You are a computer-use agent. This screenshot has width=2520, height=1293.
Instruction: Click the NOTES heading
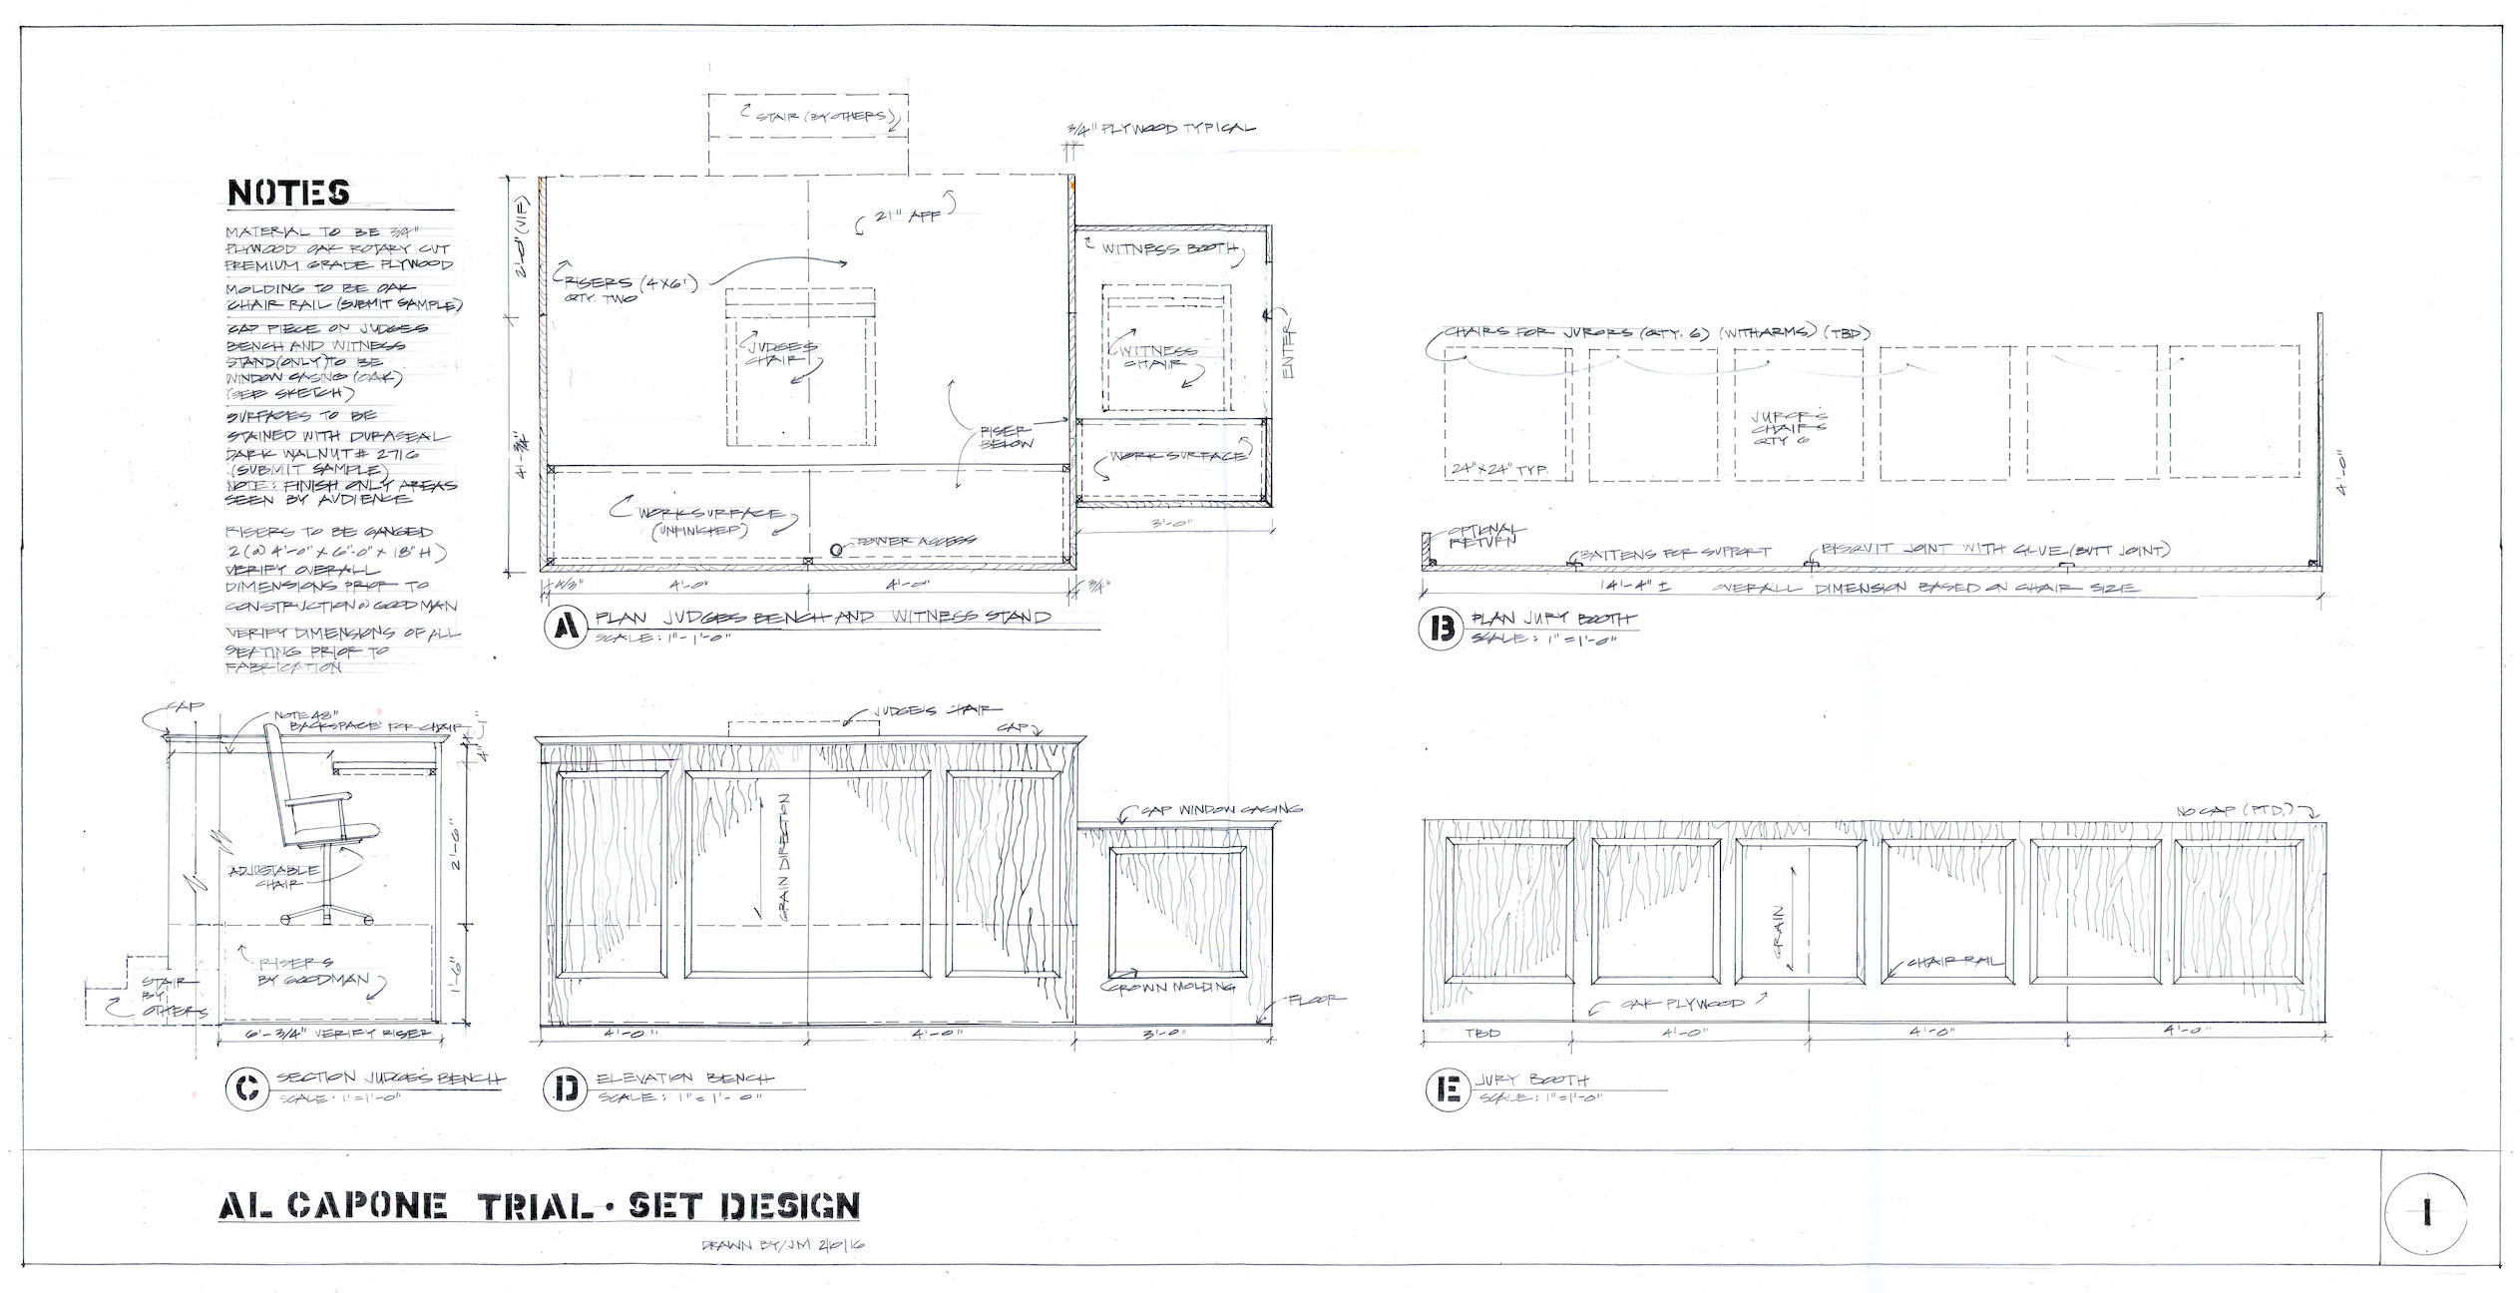[x=288, y=193]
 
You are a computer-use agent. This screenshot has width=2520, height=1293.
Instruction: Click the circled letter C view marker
[x=244, y=1089]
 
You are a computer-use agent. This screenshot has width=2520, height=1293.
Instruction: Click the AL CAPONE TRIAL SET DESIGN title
[x=538, y=1206]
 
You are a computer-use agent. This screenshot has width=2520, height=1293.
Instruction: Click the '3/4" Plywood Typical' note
[x=1162, y=129]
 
